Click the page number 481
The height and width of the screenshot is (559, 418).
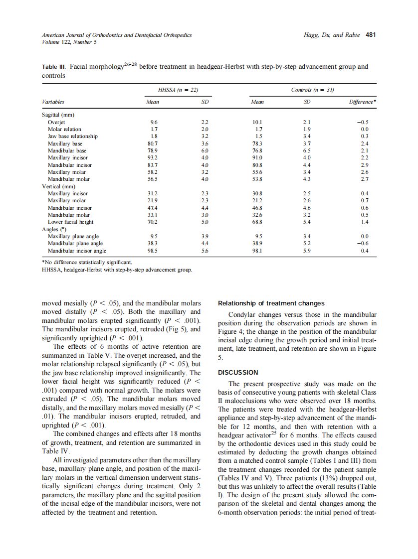[370, 35]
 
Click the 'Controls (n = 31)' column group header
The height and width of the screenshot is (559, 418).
[305, 90]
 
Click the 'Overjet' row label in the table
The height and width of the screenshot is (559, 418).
[56, 122]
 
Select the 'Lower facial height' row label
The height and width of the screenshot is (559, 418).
[70, 222]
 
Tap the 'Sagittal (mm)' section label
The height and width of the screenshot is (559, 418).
[58, 115]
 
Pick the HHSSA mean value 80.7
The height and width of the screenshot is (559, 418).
[154, 143]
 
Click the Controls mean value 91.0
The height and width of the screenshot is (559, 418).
[258, 157]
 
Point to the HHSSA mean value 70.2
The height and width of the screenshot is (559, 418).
[154, 222]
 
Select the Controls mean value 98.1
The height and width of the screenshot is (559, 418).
[258, 251]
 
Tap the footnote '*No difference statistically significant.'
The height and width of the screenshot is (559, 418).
[87, 262]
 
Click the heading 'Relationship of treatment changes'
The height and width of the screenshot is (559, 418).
[271, 303]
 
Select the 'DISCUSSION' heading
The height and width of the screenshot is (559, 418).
[238, 372]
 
